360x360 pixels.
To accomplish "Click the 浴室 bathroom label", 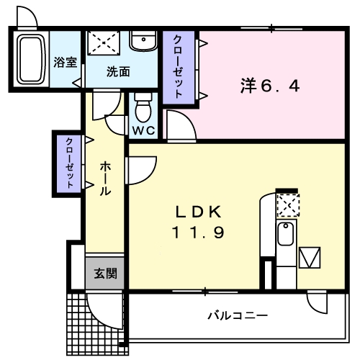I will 66,62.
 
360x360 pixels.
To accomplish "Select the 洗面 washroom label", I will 118,72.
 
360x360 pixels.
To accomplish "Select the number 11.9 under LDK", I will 199,232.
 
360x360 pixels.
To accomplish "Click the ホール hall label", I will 105,179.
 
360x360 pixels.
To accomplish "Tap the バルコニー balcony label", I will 238,315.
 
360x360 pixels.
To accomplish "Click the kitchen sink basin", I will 286,233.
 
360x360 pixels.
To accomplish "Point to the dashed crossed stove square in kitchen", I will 286,205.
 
